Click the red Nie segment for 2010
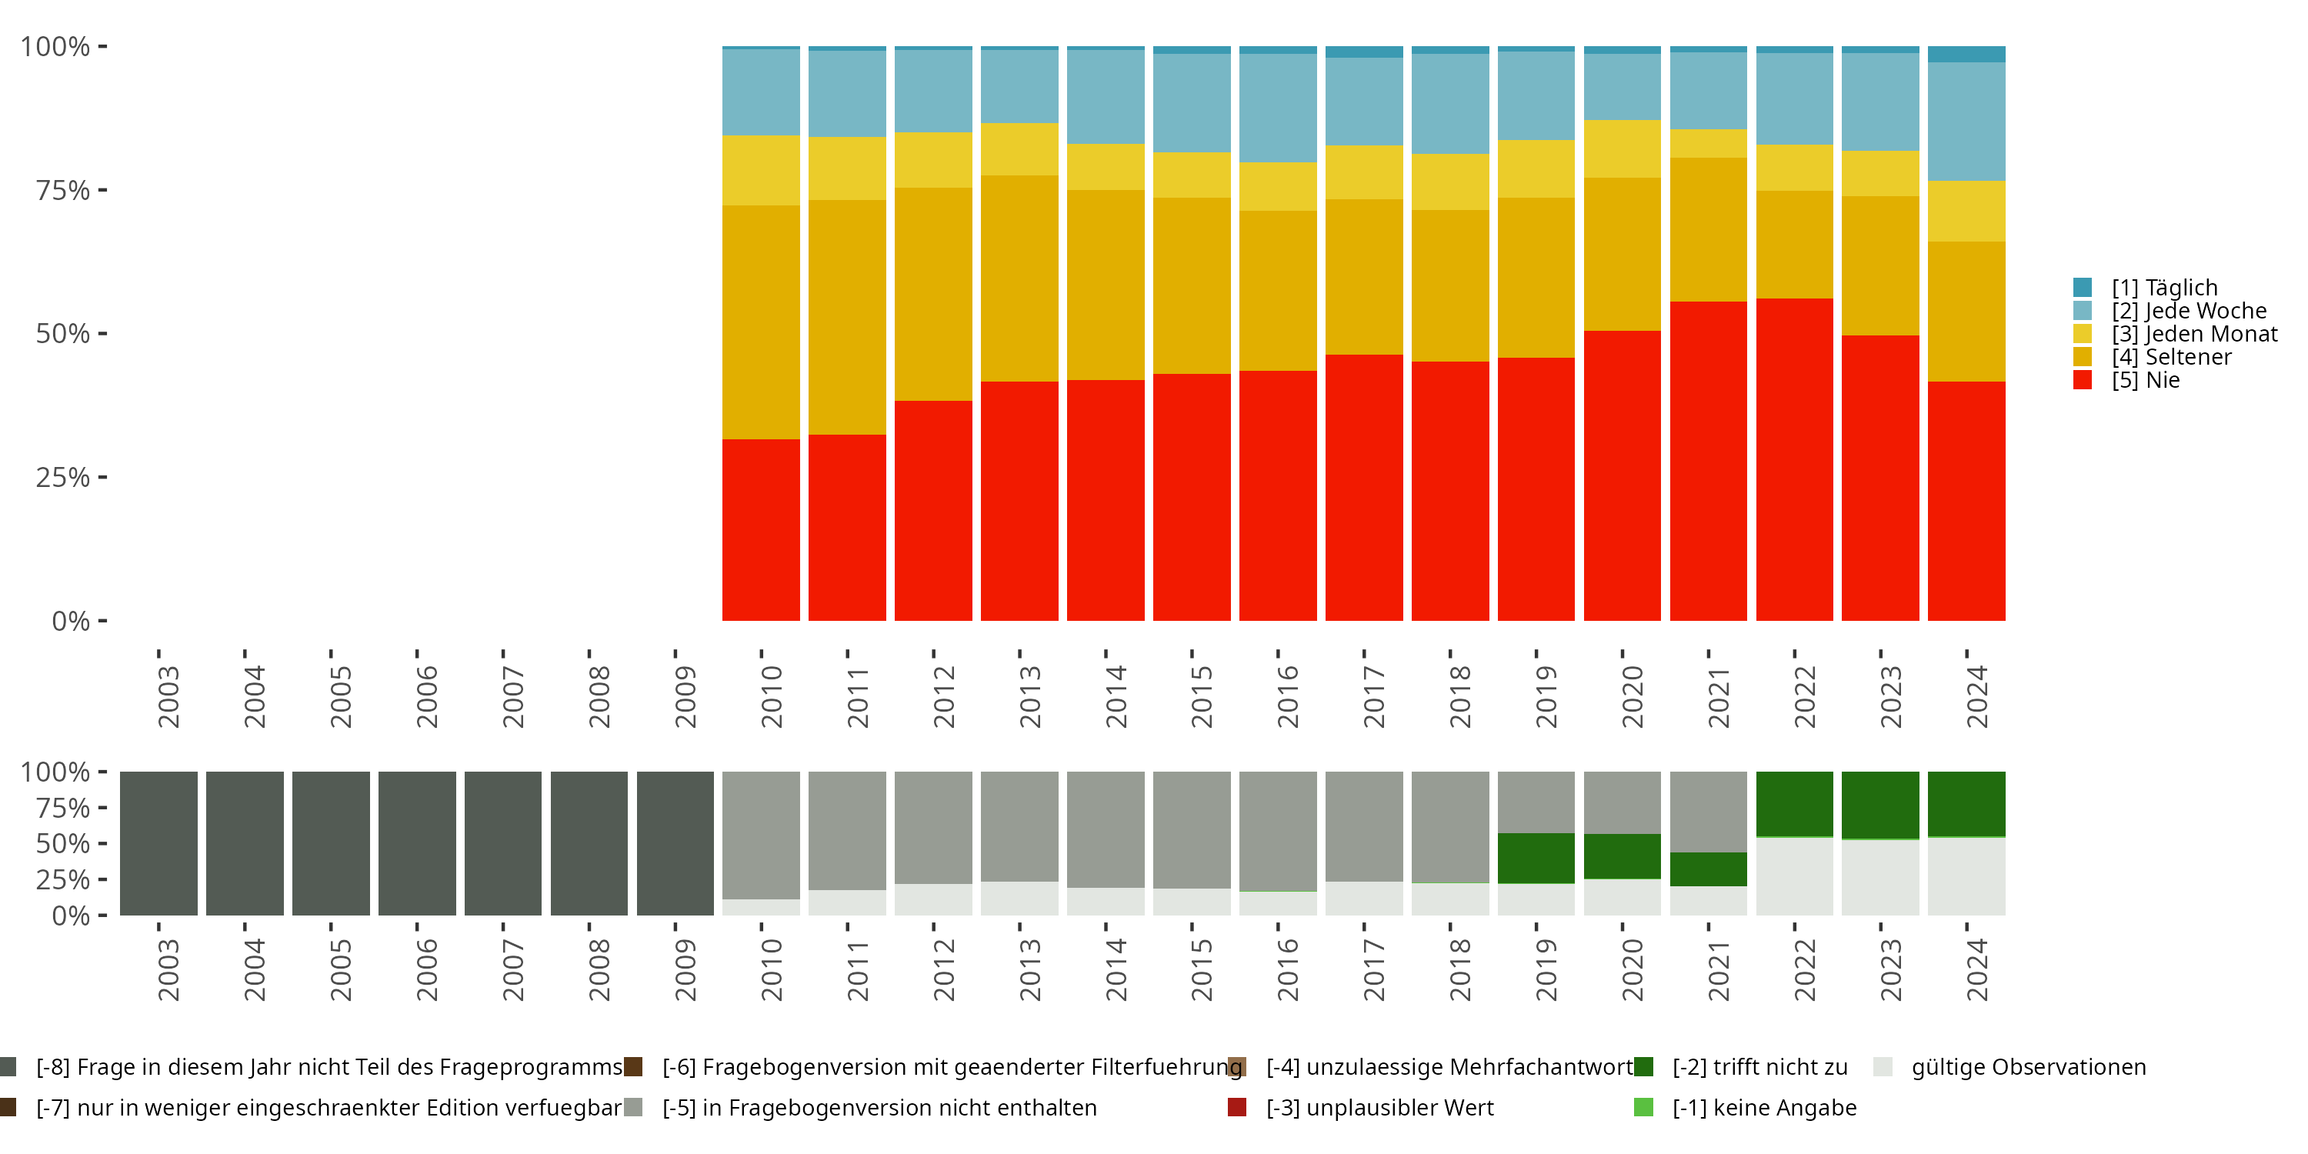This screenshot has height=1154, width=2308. coord(761,529)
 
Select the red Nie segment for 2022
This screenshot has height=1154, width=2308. coord(1795,459)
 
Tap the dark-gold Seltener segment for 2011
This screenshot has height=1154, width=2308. coord(847,317)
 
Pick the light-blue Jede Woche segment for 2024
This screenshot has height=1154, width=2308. coord(1966,122)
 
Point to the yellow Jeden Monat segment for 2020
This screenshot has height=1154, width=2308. coord(1623,148)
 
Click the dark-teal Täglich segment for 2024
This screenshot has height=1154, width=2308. coord(1966,55)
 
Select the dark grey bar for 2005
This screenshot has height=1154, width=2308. coord(331,843)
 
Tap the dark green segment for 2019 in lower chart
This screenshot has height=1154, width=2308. coord(1536,859)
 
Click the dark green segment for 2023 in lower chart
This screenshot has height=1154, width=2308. coord(1880,805)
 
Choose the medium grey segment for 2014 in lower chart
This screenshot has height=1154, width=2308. coord(1106,829)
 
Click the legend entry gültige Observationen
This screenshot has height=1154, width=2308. coord(2009,1067)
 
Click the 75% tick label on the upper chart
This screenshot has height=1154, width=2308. coord(63,190)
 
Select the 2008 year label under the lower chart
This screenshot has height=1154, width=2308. coord(599,969)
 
